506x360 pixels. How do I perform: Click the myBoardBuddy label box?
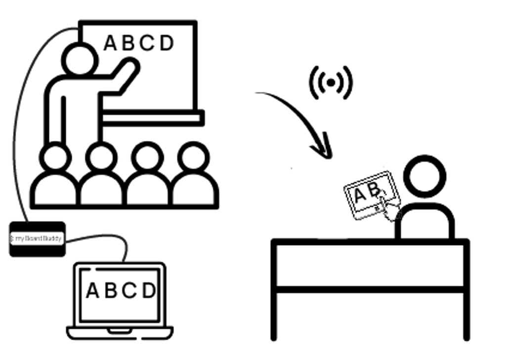tap(37, 239)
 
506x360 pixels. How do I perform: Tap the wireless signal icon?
tap(331, 82)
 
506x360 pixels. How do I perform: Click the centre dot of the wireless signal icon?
tap(331, 82)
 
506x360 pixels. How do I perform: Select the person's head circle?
tap(424, 177)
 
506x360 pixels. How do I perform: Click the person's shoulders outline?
tap(425, 217)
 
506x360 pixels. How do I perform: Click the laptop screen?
tap(120, 294)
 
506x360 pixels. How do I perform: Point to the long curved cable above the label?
tap(17, 123)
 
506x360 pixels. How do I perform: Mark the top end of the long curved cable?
tap(78, 28)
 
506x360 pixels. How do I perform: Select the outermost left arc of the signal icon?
tap(311, 82)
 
